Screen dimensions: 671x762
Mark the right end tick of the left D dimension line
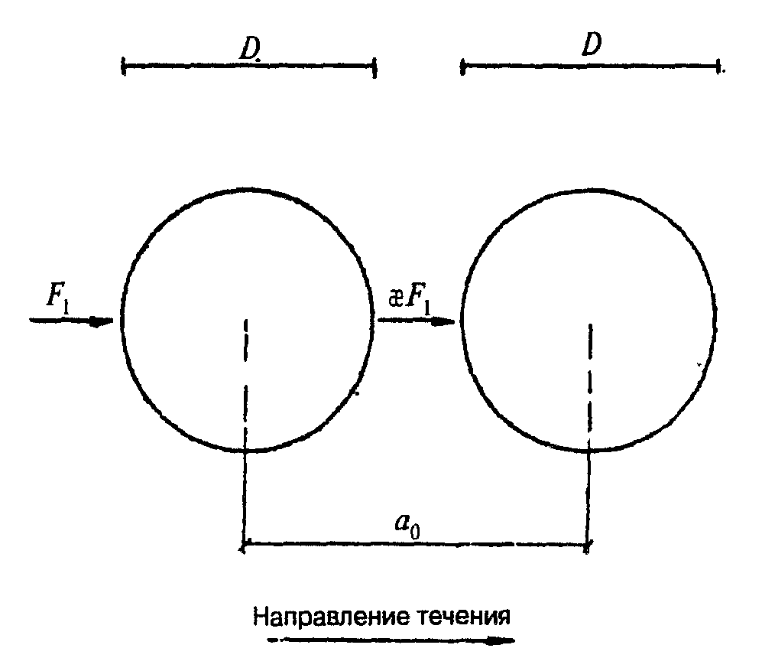pos(375,67)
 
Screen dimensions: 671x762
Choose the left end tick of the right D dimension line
pos(462,67)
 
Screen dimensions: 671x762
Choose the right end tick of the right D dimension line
pos(718,67)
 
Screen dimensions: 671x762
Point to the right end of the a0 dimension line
pos(588,546)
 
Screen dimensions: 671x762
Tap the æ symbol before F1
pos(396,297)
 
